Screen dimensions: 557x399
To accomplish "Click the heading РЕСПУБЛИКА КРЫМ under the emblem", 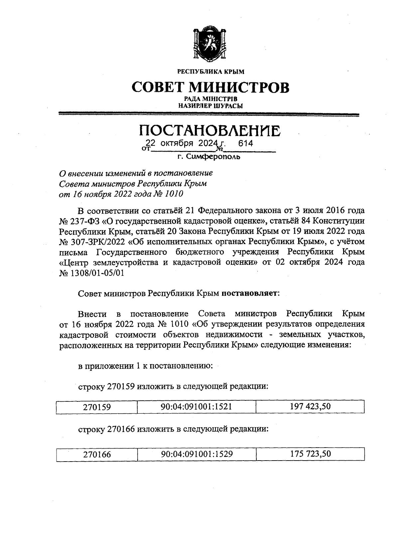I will [x=210, y=71].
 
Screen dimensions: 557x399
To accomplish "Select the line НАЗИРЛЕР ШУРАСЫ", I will [x=210, y=106].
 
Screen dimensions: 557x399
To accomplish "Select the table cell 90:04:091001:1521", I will [x=196, y=407].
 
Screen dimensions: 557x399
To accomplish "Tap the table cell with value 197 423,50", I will [x=310, y=406].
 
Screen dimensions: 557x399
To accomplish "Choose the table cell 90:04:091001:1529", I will [x=197, y=454].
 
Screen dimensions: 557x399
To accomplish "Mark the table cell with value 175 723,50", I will [x=311, y=454].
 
